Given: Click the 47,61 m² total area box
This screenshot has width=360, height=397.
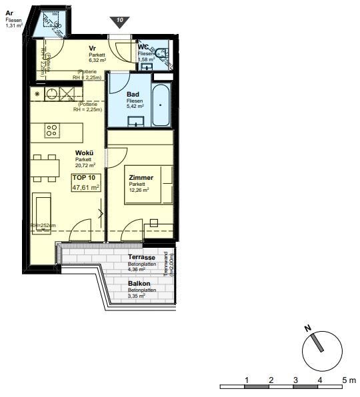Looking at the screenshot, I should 85,188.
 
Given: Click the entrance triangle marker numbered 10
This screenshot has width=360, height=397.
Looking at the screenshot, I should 119,21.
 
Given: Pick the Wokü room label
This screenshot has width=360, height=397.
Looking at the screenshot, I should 84,153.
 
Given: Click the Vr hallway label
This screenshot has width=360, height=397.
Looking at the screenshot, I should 93,49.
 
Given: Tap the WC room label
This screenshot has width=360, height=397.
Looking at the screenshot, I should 143,47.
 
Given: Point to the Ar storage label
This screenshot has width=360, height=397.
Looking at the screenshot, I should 9,13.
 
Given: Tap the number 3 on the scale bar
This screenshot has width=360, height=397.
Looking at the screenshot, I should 295,379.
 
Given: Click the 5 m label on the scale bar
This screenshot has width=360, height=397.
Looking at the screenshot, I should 347,379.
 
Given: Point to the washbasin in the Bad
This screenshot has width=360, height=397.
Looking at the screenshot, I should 136,121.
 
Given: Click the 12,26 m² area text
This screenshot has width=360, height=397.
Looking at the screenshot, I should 141,190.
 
